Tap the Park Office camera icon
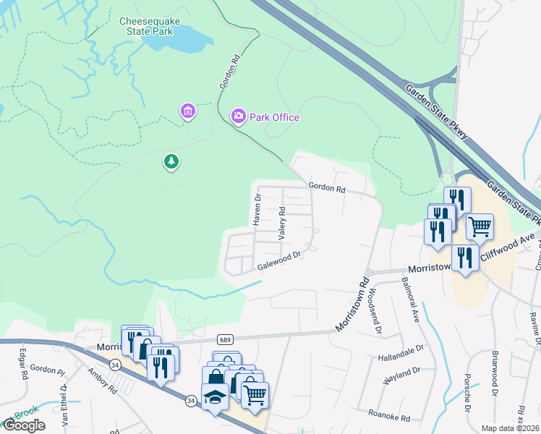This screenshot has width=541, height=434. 238,116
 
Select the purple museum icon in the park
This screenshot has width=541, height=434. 187,111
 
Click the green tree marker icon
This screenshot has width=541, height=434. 171,162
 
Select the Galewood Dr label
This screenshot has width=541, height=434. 278,261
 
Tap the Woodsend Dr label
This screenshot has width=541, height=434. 374,311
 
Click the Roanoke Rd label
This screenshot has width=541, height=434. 388,418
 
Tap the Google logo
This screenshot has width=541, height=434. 24,425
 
